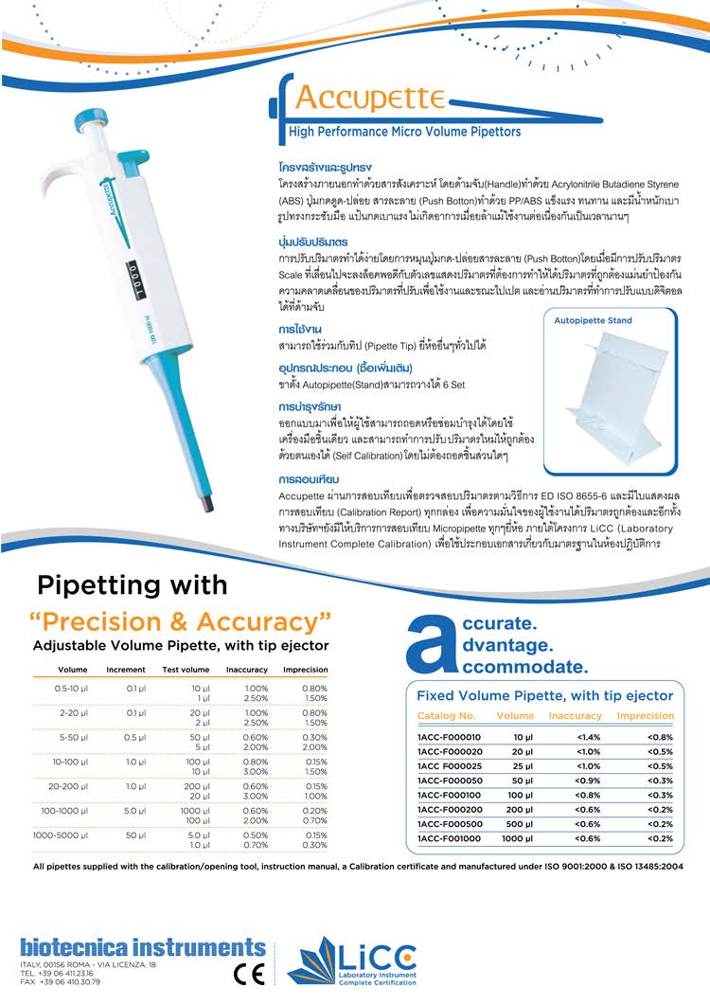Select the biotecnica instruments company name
(x=143, y=947)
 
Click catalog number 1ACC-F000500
(x=449, y=823)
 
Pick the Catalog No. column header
(x=447, y=715)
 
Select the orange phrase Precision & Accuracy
(x=181, y=621)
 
